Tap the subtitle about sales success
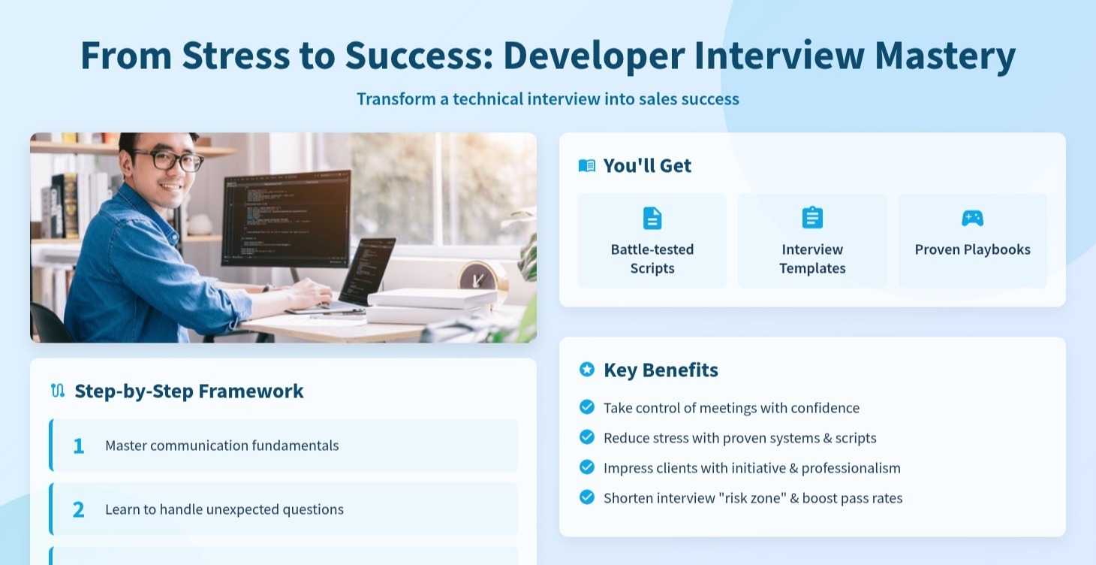(547, 98)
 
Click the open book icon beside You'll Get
(586, 165)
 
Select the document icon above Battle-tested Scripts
(652, 218)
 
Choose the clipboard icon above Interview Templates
(812, 218)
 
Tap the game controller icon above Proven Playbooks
(972, 218)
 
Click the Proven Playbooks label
(972, 249)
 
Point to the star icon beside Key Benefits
(586, 370)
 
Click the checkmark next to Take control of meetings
(587, 407)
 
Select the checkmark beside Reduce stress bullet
(587, 437)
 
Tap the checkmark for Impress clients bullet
(587, 467)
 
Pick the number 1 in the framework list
(78, 446)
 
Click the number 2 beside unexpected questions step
(78, 509)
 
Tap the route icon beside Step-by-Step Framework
(58, 391)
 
